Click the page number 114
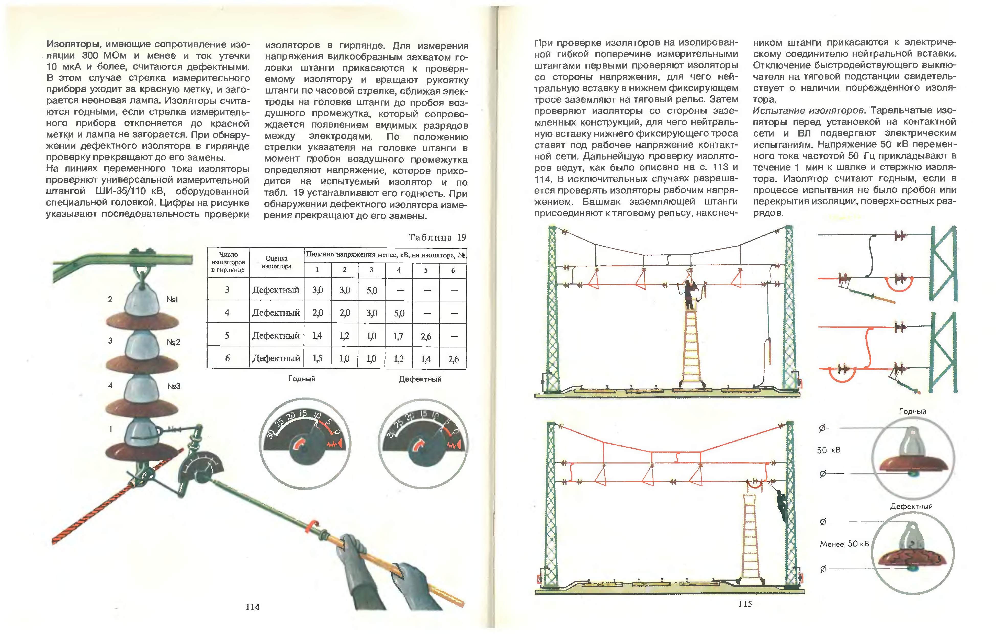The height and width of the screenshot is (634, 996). coord(252,607)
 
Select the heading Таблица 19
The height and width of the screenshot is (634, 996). coord(437,237)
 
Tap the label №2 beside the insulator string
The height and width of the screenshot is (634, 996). coord(173,342)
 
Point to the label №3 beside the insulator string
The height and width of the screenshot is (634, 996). coord(173,386)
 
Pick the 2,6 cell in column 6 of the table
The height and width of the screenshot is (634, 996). coord(453,359)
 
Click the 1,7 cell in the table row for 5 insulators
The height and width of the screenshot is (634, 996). coord(398,336)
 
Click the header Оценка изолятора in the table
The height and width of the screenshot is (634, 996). coord(276,262)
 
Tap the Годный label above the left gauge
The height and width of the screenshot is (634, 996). coord(301,379)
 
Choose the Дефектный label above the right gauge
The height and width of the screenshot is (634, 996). coord(420,379)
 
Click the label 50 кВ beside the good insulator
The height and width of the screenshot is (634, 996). coord(829,450)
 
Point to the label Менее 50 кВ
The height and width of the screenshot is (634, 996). coord(844,544)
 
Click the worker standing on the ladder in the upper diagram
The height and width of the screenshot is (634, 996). coord(689,294)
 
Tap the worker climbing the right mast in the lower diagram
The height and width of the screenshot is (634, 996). coord(781,505)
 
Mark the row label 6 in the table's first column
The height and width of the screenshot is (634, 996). coord(227,358)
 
